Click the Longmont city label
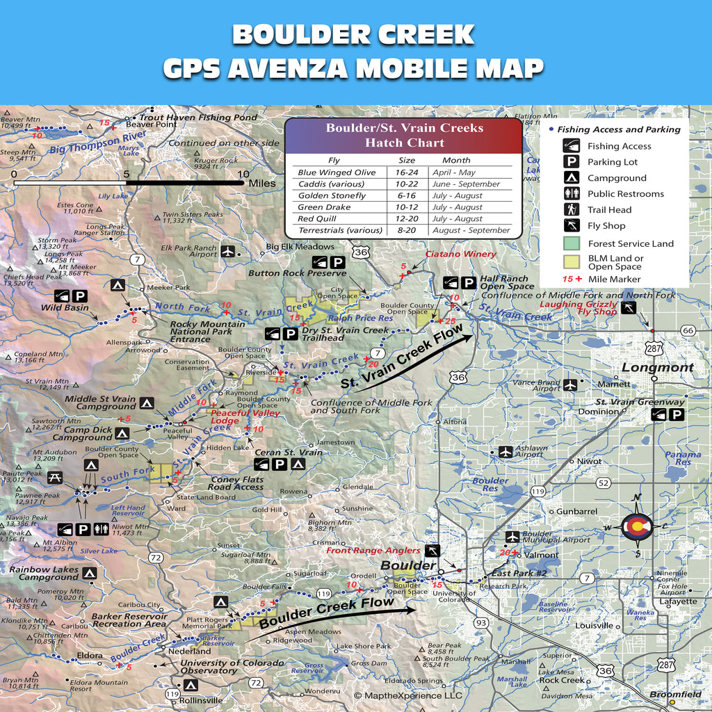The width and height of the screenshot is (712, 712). (x=657, y=367)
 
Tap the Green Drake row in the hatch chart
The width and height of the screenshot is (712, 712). (x=403, y=207)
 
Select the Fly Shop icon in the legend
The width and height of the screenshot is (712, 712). (x=571, y=225)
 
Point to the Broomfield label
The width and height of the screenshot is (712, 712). (x=674, y=694)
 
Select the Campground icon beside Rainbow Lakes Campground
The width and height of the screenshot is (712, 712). (x=89, y=573)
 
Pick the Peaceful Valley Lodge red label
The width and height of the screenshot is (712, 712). (x=236, y=416)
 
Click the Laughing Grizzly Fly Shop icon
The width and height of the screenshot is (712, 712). (x=628, y=308)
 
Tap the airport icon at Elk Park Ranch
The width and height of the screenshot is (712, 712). (x=228, y=251)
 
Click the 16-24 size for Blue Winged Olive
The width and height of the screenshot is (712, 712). (x=407, y=172)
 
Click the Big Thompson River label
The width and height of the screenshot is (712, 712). (x=98, y=142)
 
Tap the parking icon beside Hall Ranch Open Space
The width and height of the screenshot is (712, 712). (x=469, y=282)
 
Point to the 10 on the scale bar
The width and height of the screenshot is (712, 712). (x=243, y=174)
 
